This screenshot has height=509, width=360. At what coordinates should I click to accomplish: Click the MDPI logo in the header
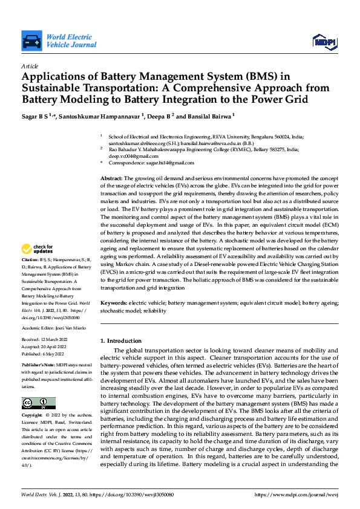click(324, 41)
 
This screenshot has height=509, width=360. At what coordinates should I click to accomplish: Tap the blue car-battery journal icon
click(31, 42)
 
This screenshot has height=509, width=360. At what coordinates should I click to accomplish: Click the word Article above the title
click(30, 66)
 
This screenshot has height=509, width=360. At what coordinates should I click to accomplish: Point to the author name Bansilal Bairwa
click(210, 115)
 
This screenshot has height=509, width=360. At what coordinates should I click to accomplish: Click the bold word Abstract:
click(111, 179)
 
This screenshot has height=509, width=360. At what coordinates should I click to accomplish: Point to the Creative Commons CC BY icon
click(38, 403)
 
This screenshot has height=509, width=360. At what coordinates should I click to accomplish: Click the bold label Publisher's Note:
click(40, 366)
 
